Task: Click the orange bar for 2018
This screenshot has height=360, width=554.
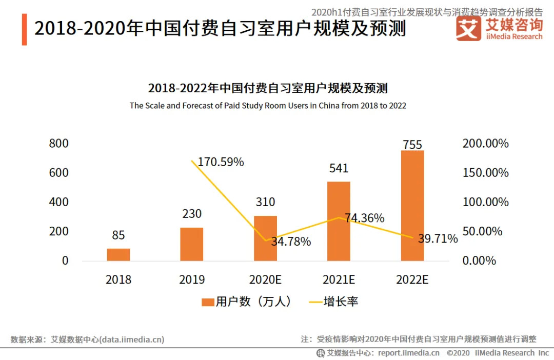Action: point(118,254)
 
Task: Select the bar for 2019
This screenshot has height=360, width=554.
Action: point(191,244)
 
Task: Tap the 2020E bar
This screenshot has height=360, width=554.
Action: point(265,238)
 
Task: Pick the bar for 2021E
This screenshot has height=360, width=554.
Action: point(339,221)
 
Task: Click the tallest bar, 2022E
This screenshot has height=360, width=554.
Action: point(412,205)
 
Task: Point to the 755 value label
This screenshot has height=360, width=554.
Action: point(412,145)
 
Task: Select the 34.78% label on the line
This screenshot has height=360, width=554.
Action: point(291,242)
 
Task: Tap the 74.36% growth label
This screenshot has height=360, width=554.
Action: point(364,218)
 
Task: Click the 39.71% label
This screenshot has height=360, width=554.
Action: point(437,238)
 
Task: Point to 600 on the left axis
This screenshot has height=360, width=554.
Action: point(58,172)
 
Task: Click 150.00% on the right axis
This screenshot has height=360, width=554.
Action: point(485,173)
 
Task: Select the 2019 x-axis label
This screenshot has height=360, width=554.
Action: point(192,279)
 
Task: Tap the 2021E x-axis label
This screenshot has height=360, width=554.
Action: point(339,279)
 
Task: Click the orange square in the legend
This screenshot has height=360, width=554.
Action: point(208,302)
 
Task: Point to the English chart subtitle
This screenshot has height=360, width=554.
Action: point(268,106)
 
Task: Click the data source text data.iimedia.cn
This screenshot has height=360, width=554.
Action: point(132,339)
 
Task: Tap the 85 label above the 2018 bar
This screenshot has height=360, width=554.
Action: point(118,235)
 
